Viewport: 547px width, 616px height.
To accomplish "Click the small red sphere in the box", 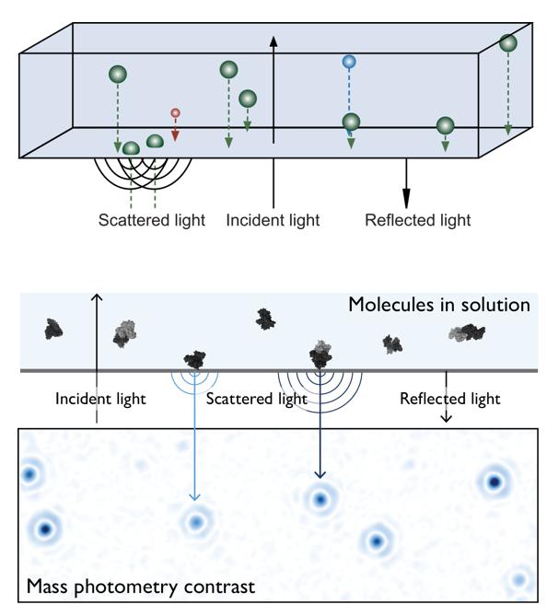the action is click(175, 113).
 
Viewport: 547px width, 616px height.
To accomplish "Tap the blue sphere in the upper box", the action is click(349, 62).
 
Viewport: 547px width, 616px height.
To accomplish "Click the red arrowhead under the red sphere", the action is click(175, 136).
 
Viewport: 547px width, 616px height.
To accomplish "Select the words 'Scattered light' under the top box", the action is click(152, 220).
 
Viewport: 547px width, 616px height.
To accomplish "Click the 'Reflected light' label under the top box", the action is click(418, 220).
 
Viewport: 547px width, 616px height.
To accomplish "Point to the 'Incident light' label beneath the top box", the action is click(273, 220).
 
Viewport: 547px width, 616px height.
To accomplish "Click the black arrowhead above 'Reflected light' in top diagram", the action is click(406, 198).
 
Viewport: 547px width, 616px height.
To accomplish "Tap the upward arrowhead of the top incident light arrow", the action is click(273, 41).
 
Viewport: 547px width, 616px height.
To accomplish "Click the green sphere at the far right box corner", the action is click(508, 42).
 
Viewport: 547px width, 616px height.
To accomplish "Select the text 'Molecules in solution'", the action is click(439, 305).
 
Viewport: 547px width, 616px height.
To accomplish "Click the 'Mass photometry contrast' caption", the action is click(141, 587).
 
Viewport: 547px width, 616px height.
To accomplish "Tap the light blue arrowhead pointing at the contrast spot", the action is click(194, 497).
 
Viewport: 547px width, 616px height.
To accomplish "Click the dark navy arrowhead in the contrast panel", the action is click(320, 474).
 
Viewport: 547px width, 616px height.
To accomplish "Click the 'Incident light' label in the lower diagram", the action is click(100, 399).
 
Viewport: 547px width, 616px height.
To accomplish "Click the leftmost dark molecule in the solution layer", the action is click(53, 330).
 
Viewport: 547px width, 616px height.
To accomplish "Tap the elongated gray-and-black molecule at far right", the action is click(467, 332).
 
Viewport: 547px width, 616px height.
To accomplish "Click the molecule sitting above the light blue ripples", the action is click(195, 359).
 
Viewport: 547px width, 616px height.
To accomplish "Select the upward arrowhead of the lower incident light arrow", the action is click(97, 297).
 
